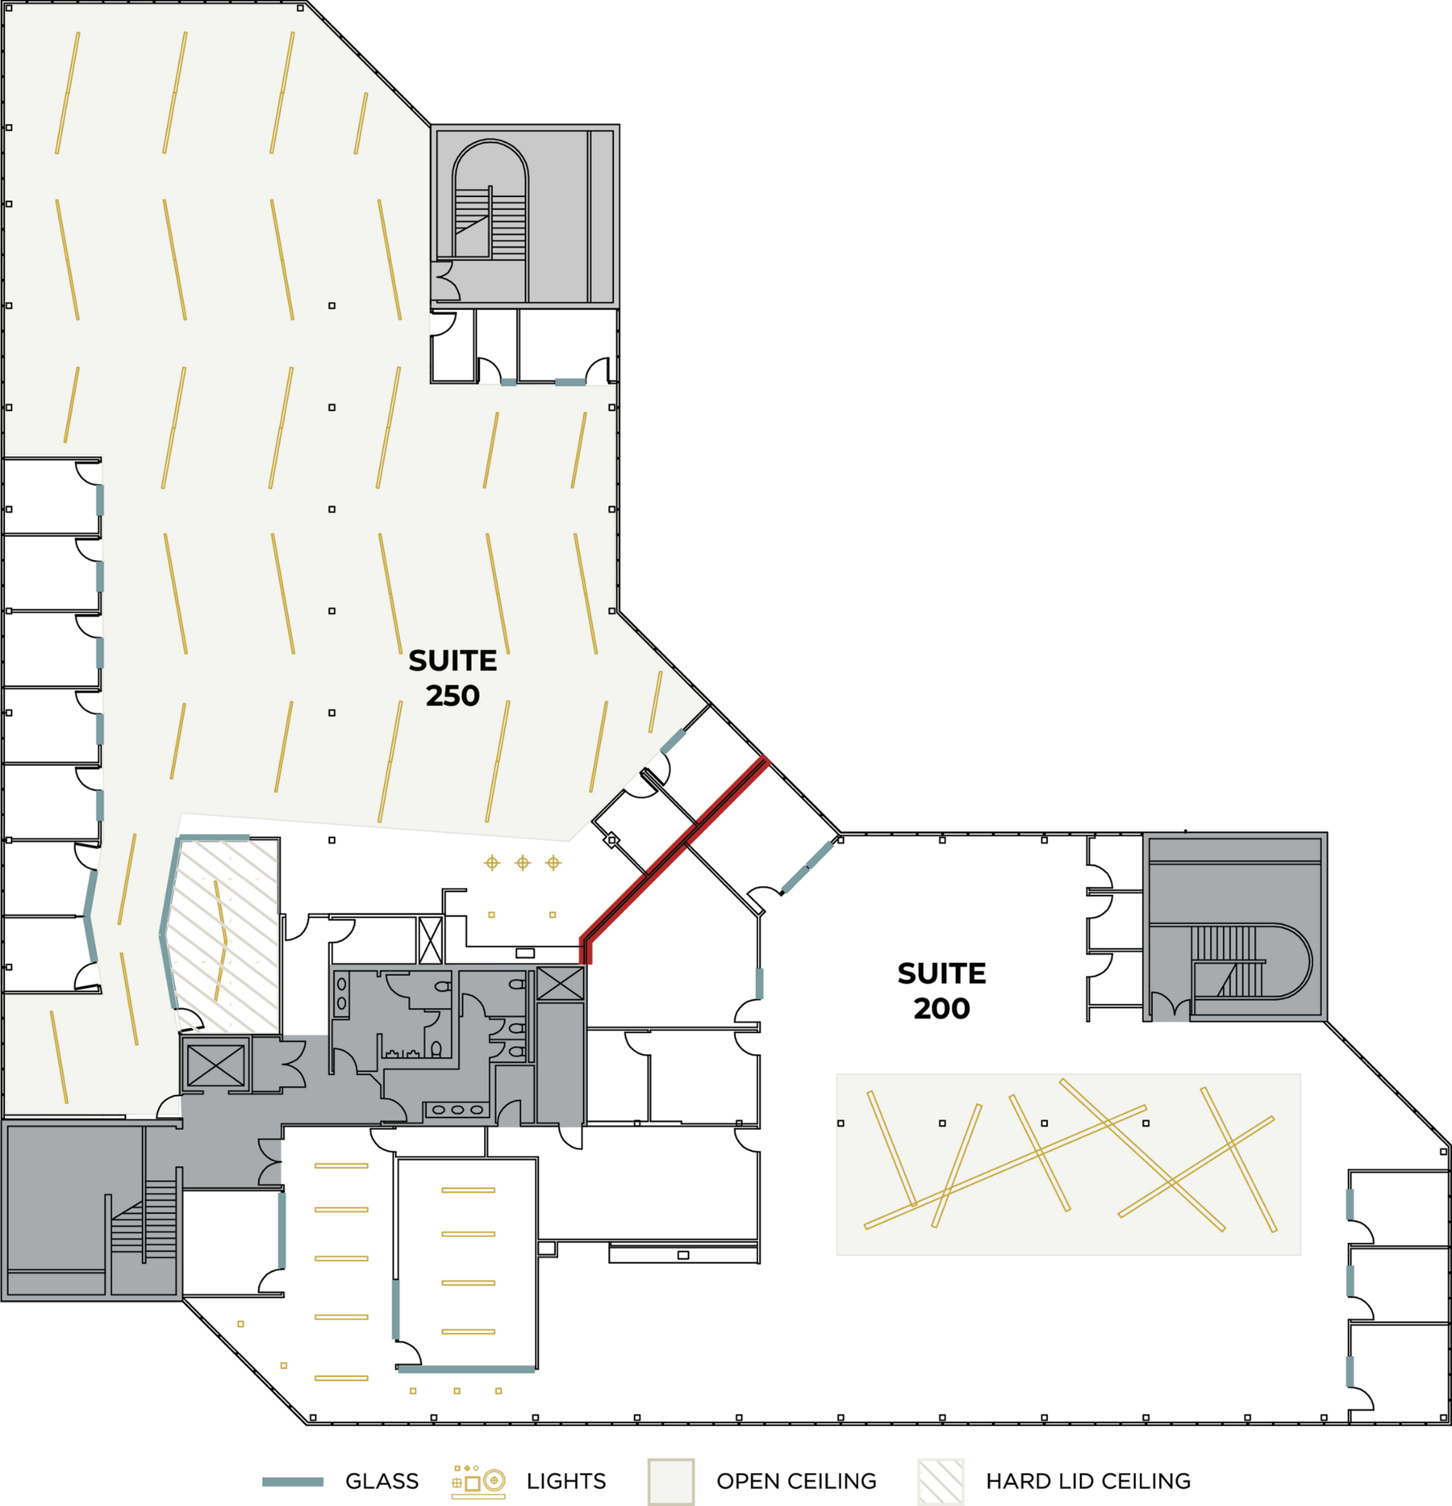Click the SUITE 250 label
point(453,678)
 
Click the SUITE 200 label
point(941,990)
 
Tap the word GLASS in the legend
point(382,1481)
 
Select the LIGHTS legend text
point(565,1481)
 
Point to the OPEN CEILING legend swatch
point(670,1481)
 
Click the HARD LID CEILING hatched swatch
point(941,1481)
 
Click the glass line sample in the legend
point(293,1482)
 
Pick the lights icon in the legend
point(478,1481)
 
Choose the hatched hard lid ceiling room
point(226,936)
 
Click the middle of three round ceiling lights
point(523,863)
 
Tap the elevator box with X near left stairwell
point(215,1065)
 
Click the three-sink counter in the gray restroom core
point(457,1110)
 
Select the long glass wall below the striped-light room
point(466,1370)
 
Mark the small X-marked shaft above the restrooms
point(431,940)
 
